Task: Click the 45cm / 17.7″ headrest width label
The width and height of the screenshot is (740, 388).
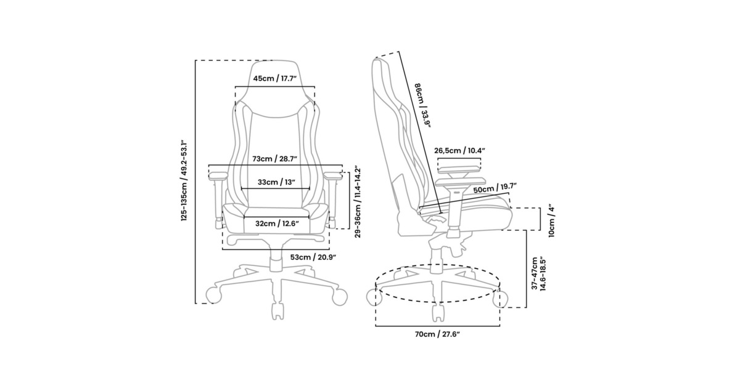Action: click(275, 79)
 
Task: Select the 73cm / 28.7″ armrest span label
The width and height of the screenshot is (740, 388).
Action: click(275, 159)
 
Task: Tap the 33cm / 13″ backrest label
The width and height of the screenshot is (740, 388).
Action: click(276, 182)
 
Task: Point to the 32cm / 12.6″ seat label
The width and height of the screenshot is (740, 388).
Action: click(277, 224)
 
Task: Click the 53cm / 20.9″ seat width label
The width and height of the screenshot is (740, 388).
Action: click(313, 257)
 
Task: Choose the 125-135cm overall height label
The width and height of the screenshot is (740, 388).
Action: click(184, 181)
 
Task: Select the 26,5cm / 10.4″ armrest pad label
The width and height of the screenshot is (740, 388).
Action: click(459, 151)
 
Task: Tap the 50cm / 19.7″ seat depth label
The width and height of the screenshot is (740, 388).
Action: click(495, 188)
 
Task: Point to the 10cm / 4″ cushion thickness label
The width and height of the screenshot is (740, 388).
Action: click(551, 222)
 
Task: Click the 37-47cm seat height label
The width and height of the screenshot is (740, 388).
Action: click(538, 273)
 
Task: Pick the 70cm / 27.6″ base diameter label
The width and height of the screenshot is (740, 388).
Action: click(437, 334)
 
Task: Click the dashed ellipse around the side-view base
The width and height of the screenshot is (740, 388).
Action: click(438, 302)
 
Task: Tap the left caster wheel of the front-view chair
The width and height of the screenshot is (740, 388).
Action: click(214, 295)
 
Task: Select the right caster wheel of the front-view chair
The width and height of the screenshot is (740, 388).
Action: click(339, 297)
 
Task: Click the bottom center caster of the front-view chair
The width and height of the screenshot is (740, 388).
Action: click(277, 311)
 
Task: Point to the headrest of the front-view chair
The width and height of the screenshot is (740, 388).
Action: click(275, 89)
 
